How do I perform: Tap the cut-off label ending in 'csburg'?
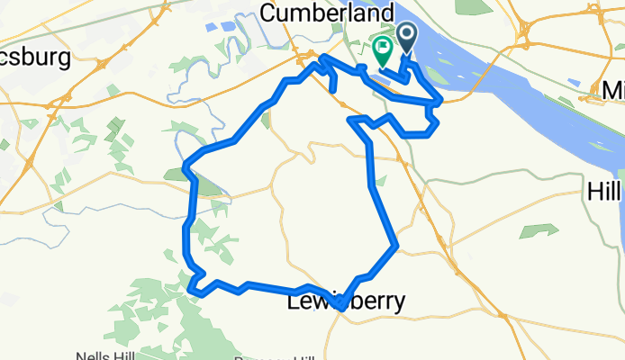point(35,58)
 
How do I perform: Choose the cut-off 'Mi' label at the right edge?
point(612,90)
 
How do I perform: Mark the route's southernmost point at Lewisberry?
point(340,307)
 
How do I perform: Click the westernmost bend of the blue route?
point(185,166)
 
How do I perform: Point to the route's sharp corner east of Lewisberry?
point(395,245)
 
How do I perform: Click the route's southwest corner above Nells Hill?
point(193,289)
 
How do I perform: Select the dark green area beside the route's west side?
point(206,186)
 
